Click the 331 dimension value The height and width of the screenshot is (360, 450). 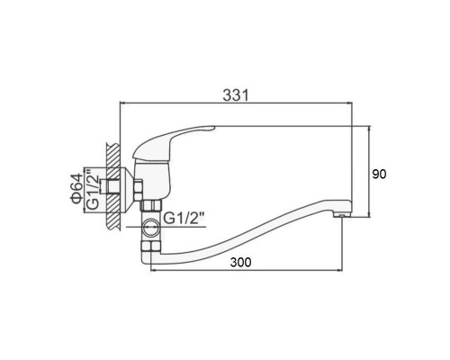tap(236, 95)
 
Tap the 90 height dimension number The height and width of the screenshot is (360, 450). tap(379, 174)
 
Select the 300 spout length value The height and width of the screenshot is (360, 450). tap(240, 262)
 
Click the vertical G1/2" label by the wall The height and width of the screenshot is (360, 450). tap(93, 189)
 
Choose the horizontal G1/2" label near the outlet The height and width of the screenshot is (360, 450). tap(184, 218)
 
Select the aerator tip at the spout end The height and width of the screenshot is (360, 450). tap(341, 215)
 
